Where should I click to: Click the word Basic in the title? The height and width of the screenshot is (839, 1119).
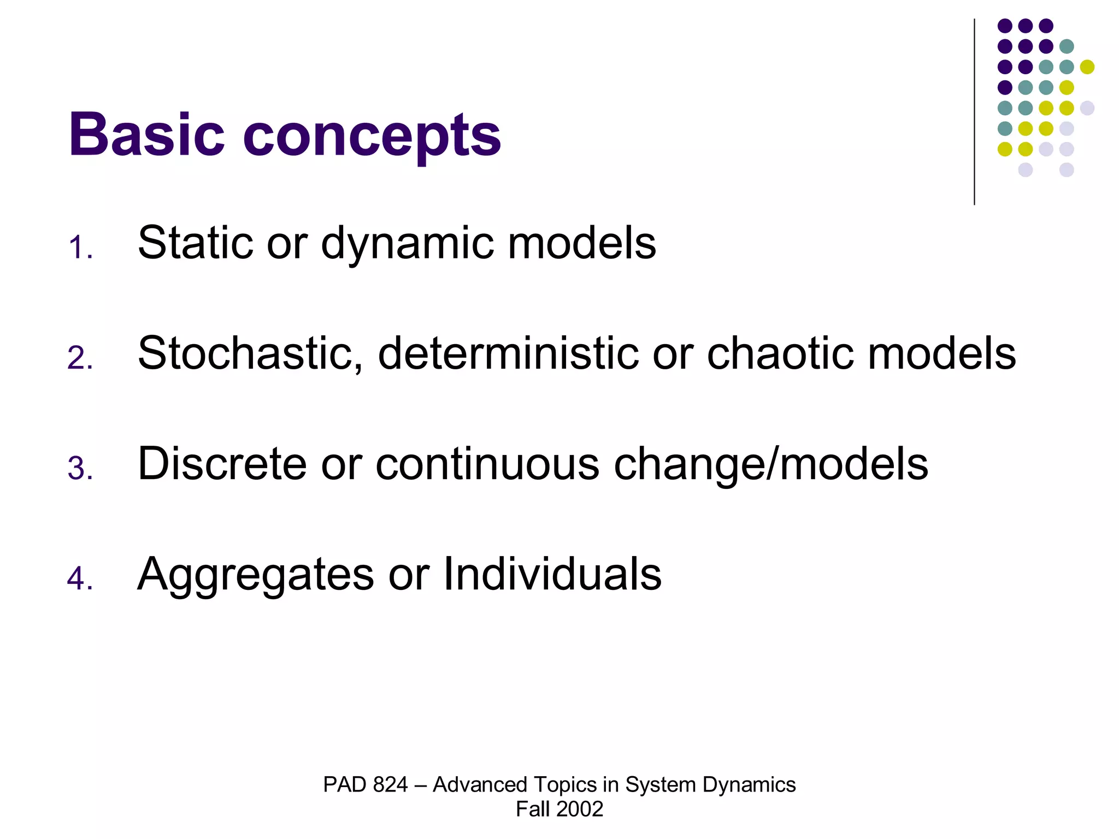click(146, 134)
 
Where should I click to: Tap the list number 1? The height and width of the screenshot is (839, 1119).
click(80, 247)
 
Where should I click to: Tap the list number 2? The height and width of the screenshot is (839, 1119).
click(80, 358)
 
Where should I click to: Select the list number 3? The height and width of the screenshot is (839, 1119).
click(80, 469)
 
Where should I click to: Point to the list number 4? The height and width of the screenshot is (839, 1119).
click(80, 578)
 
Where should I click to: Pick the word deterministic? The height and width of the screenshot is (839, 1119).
click(508, 354)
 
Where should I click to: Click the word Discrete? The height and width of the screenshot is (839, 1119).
click(222, 464)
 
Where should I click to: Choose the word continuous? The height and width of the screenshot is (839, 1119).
click(487, 464)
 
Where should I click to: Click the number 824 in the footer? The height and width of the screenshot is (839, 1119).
click(391, 784)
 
